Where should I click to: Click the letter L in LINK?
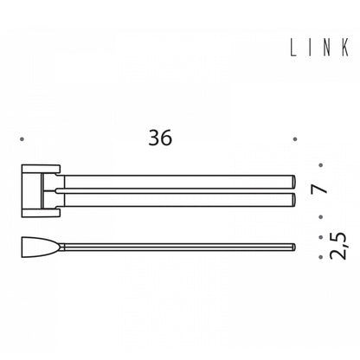(293, 48)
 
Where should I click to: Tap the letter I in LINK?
(310, 48)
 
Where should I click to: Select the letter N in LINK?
(327, 48)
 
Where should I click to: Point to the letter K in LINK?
(345, 48)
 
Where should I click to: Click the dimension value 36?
(160, 138)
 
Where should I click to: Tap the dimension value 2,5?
(337, 245)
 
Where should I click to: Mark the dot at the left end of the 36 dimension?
(22, 139)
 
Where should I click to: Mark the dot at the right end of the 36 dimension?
(295, 139)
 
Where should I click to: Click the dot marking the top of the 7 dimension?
(321, 165)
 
